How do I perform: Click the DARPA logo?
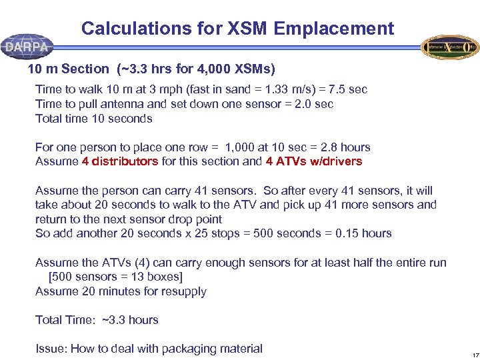coord(27,47)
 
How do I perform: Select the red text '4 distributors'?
coord(120,161)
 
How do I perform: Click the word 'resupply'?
coord(184,291)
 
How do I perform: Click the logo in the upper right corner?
coord(450,47)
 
